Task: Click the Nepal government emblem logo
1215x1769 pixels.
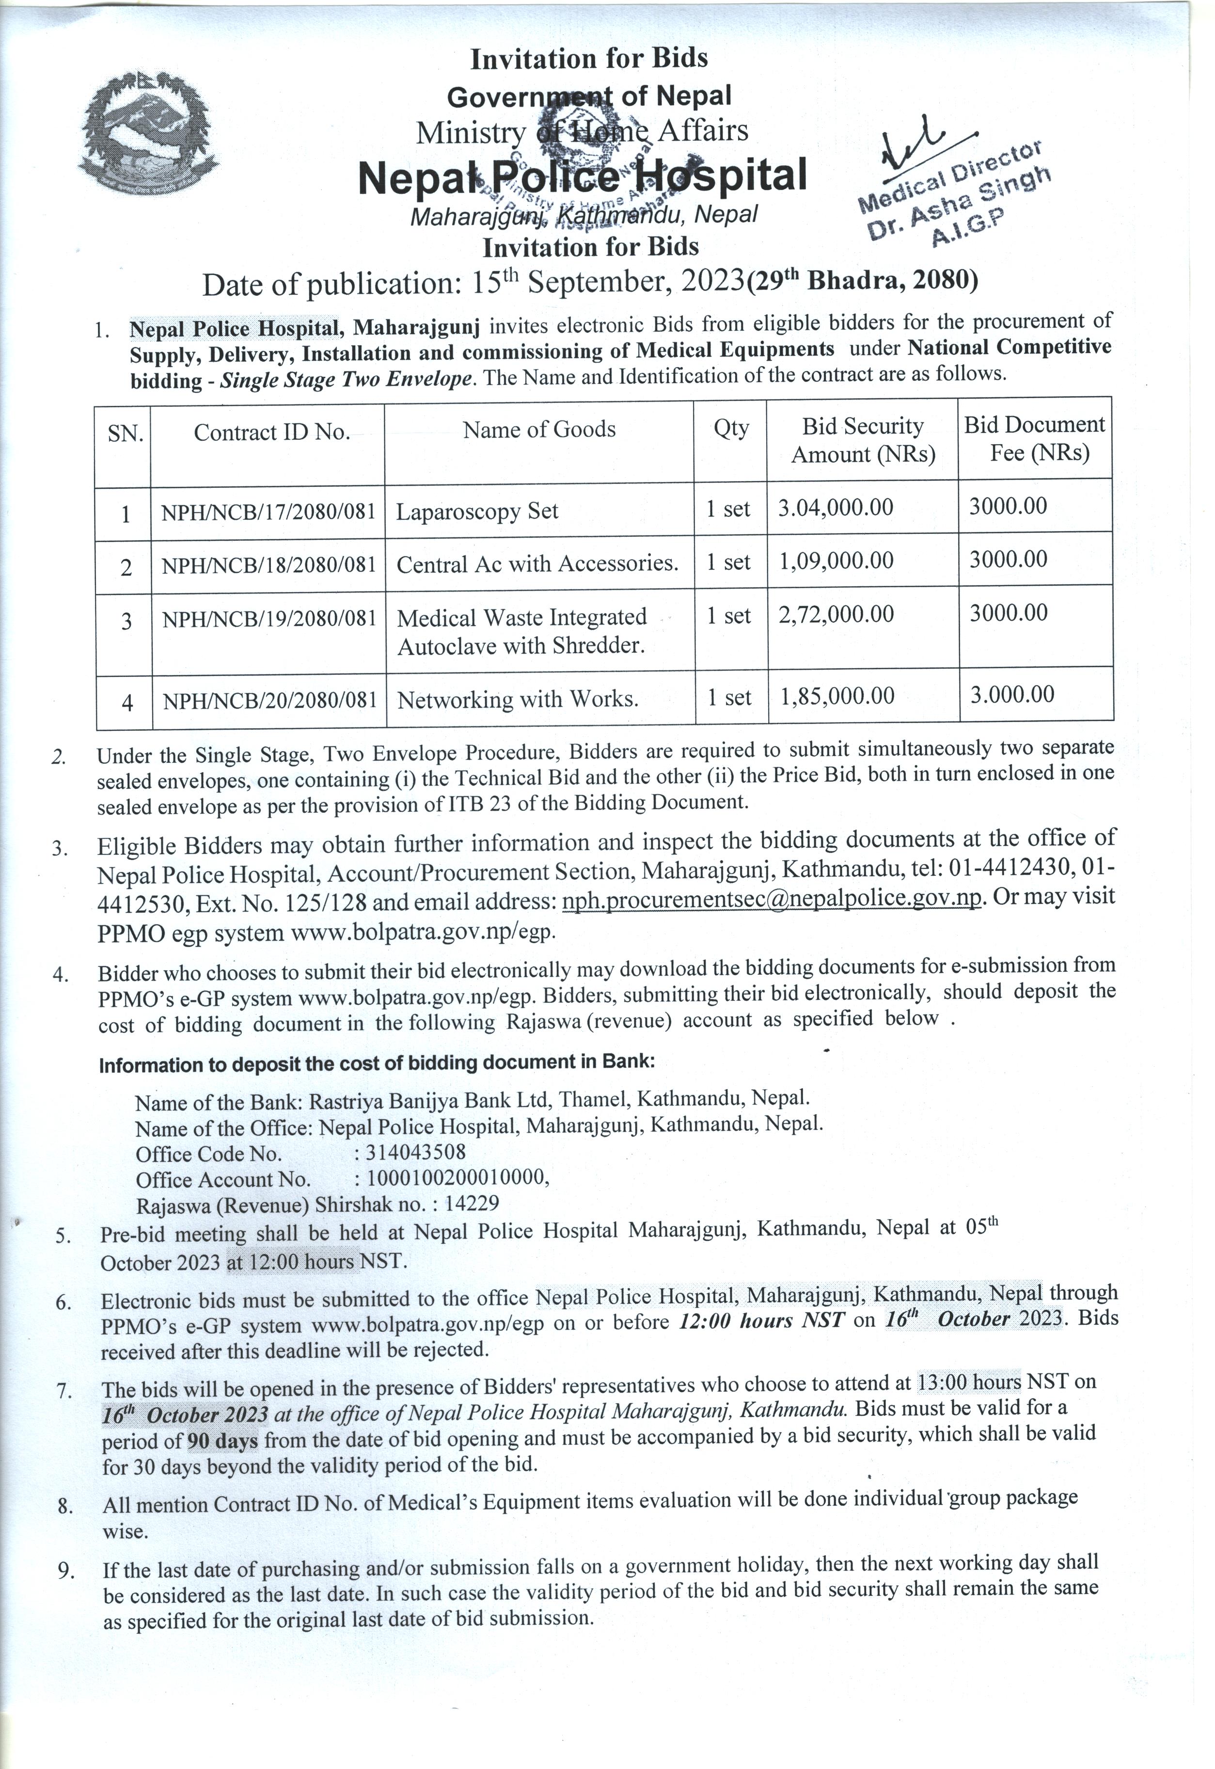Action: (148, 134)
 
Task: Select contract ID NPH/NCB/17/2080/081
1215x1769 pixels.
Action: (268, 511)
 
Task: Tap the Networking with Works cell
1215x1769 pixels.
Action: (518, 698)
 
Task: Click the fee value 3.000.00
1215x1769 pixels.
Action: (1012, 694)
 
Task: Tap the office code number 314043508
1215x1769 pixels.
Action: (416, 1151)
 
